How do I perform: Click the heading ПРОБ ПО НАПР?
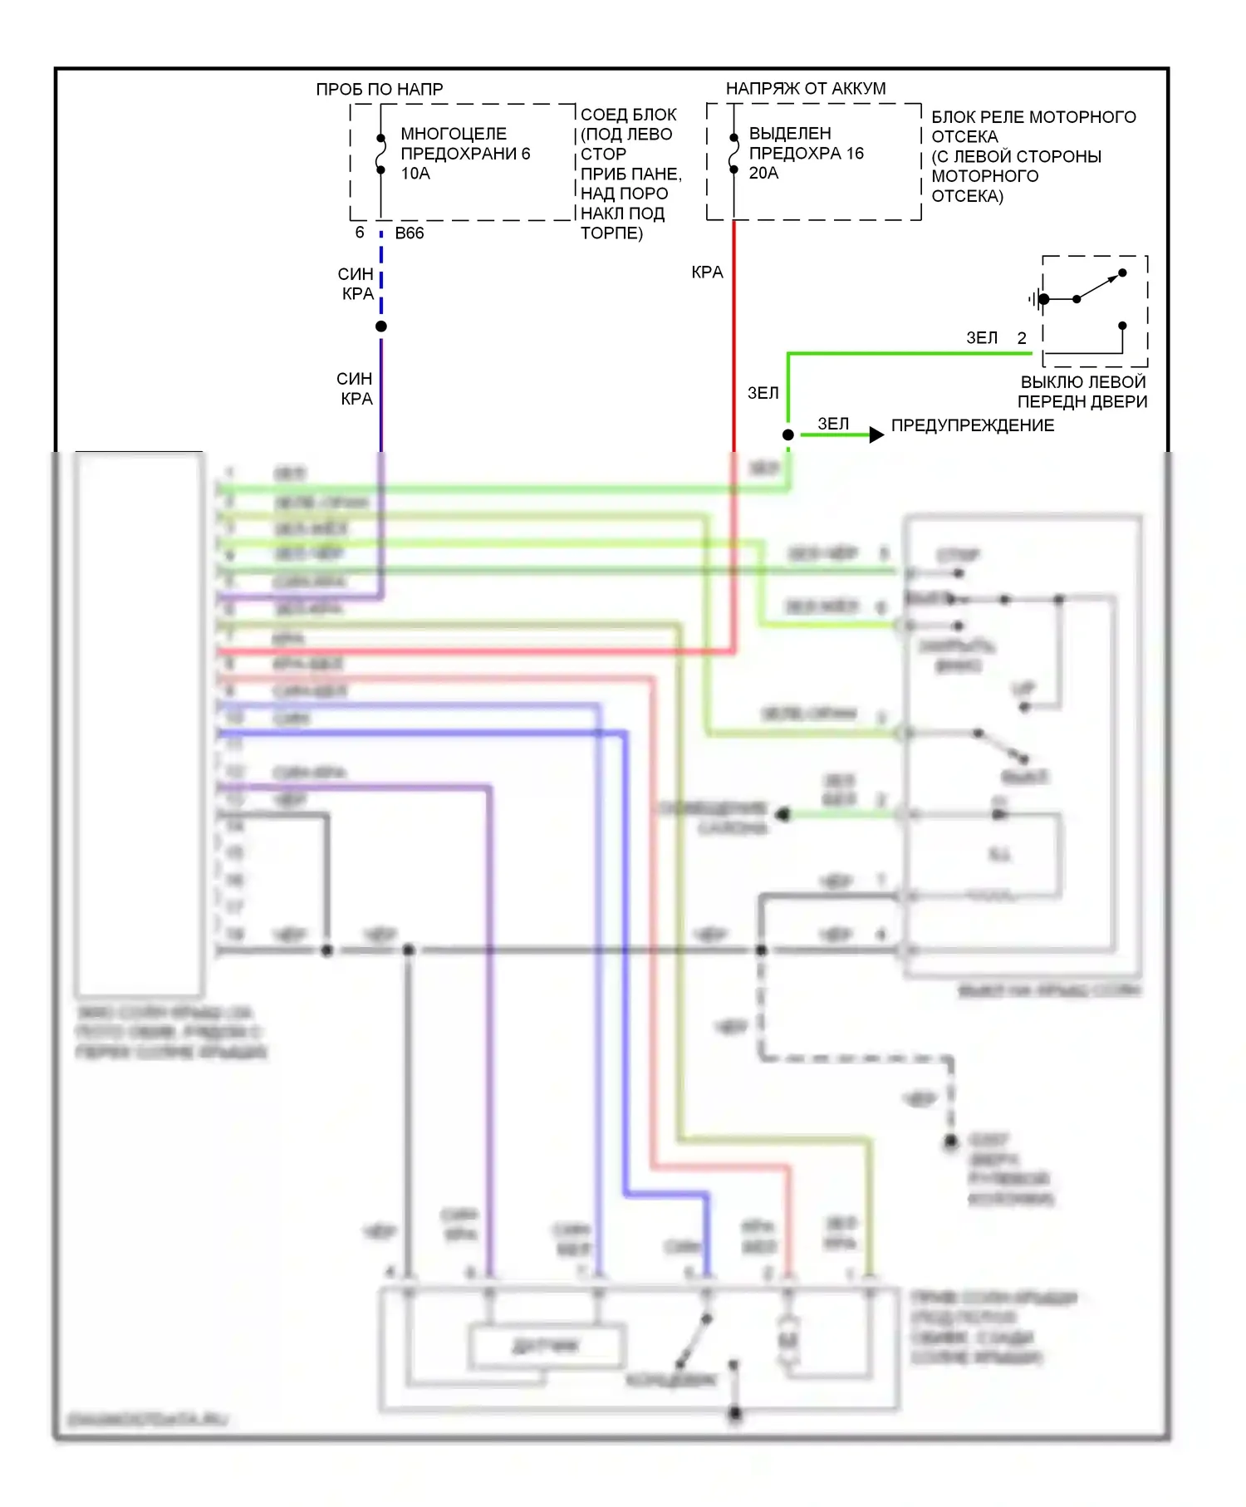tap(380, 89)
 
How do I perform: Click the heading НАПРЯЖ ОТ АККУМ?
tap(805, 88)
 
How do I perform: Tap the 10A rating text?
tap(415, 174)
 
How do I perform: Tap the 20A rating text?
tap(763, 173)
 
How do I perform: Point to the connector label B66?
tap(410, 233)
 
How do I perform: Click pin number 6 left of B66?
tap(360, 233)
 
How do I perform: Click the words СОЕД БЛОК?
tap(628, 115)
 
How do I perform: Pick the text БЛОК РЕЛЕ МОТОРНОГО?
tap(1033, 117)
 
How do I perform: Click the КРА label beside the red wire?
tap(707, 272)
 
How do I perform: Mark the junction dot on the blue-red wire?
tap(381, 326)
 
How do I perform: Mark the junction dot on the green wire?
tap(788, 434)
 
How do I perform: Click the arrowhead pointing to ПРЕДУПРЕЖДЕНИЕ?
tap(876, 434)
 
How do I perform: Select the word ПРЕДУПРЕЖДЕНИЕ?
tap(972, 425)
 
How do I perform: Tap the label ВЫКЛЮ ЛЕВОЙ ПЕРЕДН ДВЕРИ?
tap(1082, 392)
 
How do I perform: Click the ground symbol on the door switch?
tap(1035, 299)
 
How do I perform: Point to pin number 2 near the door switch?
tap(1022, 338)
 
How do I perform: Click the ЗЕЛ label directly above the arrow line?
tap(833, 424)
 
